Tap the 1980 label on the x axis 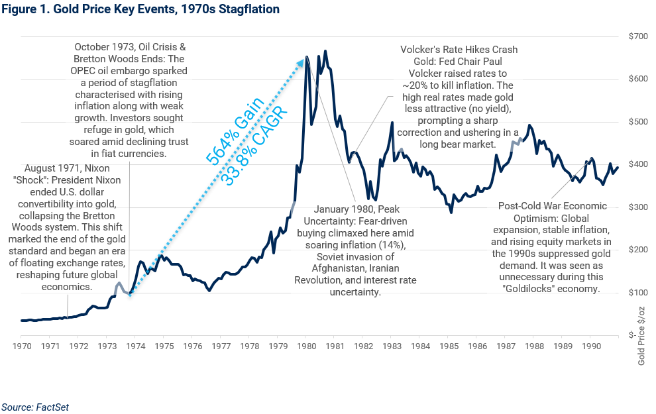coord(305,346)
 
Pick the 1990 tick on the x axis coord(590,346)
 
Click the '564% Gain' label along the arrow coord(236,129)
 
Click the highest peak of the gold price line coord(325,51)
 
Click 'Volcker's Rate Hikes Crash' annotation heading coord(459,50)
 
